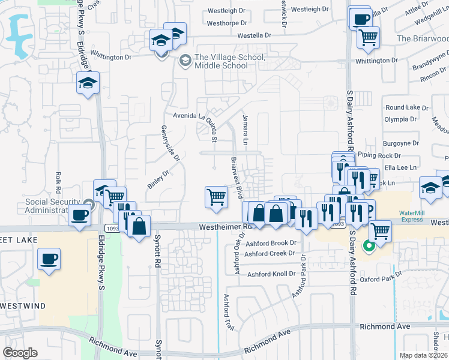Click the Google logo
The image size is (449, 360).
point(20,353)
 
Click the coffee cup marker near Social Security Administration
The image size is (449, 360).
point(80,214)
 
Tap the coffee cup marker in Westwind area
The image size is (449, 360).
point(49,259)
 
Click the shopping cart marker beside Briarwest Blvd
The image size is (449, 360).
point(216,196)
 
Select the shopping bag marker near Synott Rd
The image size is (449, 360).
point(139,226)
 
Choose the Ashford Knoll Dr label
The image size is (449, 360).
point(272,274)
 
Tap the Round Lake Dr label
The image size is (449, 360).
point(406,107)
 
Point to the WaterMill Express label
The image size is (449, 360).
point(412,216)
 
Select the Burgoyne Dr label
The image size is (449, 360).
point(401,143)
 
